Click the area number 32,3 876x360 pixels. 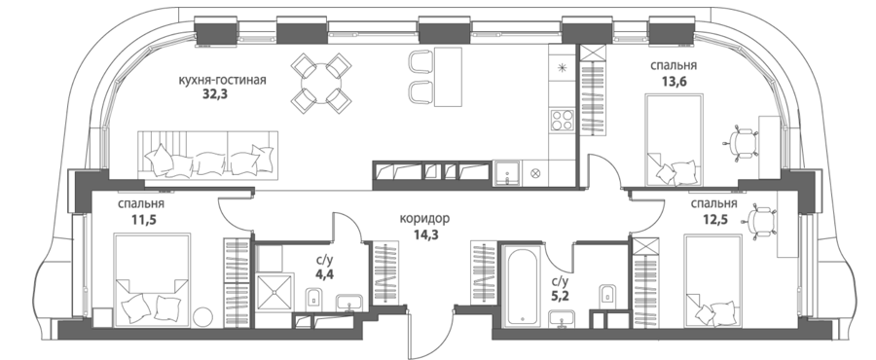[x=216, y=94]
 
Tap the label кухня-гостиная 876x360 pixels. [x=222, y=80]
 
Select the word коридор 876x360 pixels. [x=424, y=219]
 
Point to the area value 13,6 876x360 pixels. [x=674, y=81]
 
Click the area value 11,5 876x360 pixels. [x=144, y=219]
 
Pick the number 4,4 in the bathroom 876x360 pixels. [x=324, y=274]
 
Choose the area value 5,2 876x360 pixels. [x=560, y=295]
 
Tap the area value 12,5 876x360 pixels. [x=713, y=219]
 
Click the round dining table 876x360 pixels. [x=321, y=83]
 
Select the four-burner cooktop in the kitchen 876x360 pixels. [x=562, y=120]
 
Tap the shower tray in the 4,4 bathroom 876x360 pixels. [x=274, y=290]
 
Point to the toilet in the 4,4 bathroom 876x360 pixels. [x=314, y=297]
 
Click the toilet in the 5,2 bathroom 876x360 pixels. [x=607, y=294]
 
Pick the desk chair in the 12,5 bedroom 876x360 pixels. [x=761, y=222]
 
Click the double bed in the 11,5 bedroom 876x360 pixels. [x=152, y=280]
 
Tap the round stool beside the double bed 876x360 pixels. [x=203, y=317]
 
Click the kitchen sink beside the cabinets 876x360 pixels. [x=507, y=173]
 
